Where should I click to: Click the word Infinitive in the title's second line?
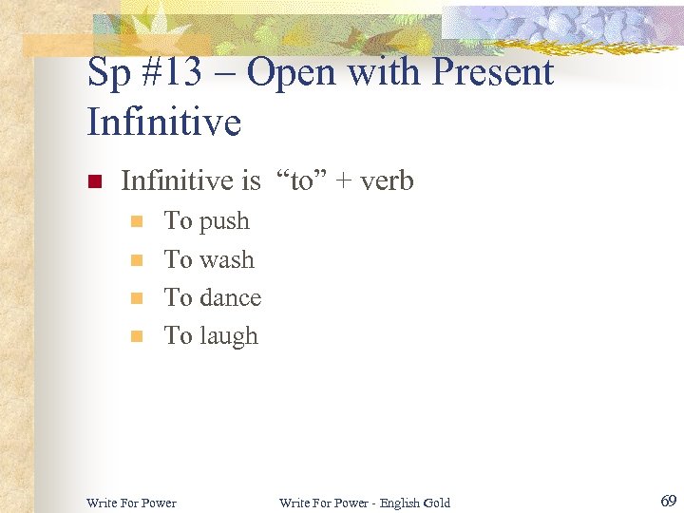[163, 123]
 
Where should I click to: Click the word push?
[224, 222]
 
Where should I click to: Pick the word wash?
[227, 259]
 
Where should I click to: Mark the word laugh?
[228, 336]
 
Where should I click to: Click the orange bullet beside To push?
[136, 222]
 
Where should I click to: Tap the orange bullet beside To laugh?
[136, 336]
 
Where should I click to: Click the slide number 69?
[667, 501]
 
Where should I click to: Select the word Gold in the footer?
[437, 503]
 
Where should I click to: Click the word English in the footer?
[397, 503]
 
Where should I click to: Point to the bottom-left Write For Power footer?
[131, 503]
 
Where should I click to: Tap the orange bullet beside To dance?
[136, 298]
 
